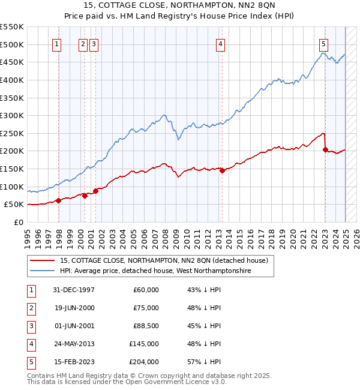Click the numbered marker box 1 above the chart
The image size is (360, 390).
[x=56, y=43]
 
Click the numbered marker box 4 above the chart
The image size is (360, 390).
[x=221, y=43]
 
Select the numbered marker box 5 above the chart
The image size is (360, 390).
[x=323, y=43]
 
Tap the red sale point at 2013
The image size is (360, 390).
[x=222, y=170]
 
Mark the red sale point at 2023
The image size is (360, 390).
[x=325, y=149]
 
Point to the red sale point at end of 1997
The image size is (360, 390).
[x=59, y=200]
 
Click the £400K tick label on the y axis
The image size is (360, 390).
[x=12, y=80]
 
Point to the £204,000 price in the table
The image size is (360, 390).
[x=143, y=362]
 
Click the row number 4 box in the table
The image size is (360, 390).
[x=30, y=344]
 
